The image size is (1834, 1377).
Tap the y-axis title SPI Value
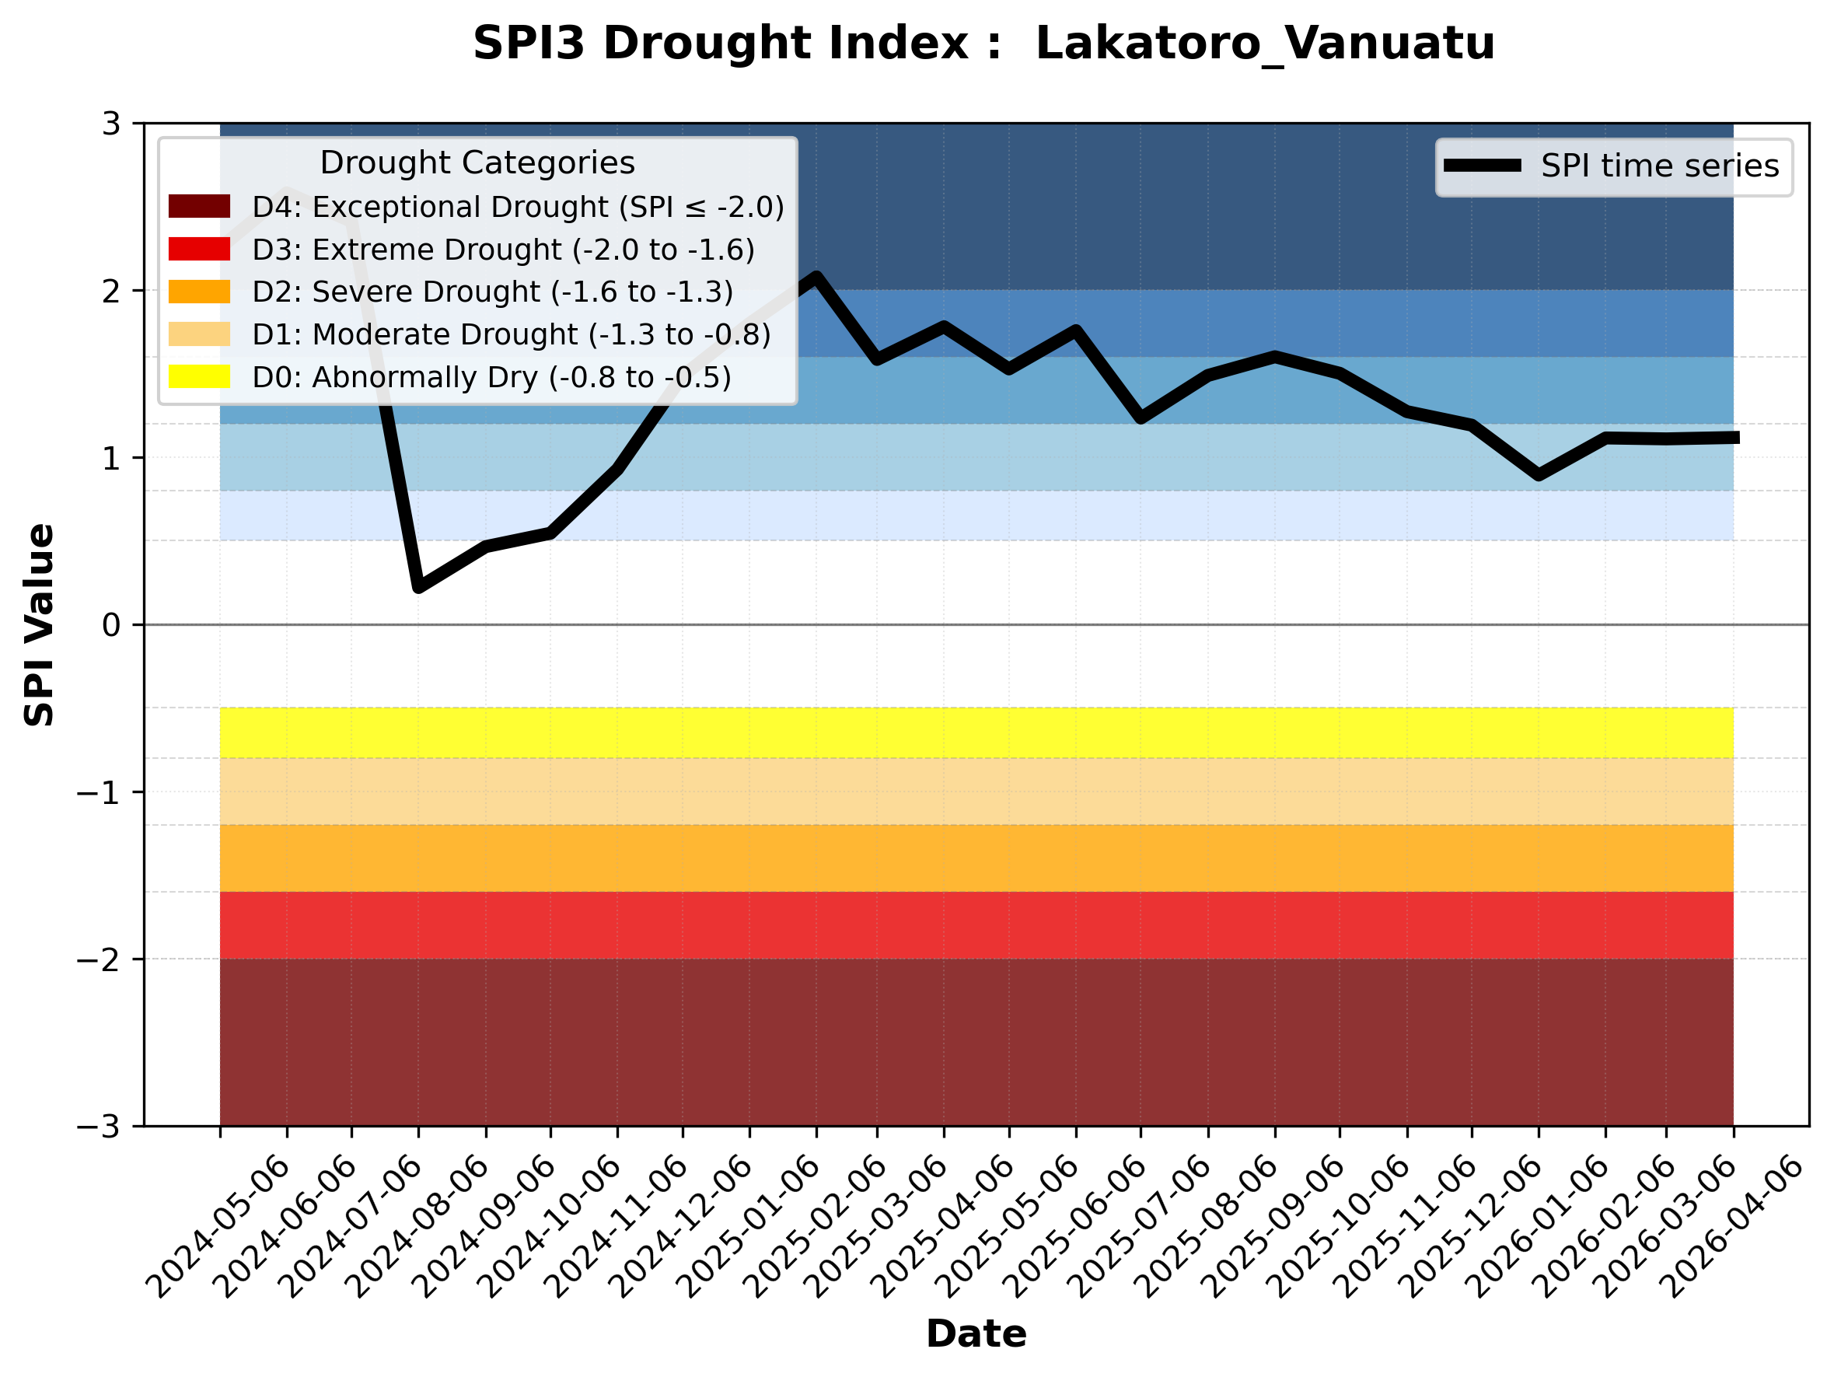(x=39, y=625)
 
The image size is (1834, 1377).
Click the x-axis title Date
(x=976, y=1334)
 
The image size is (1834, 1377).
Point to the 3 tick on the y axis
(x=111, y=124)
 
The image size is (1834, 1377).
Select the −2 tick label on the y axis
(x=98, y=960)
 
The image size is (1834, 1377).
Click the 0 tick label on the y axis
(x=111, y=625)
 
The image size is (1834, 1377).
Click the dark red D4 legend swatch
(x=199, y=206)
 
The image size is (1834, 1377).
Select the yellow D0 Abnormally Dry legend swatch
(x=199, y=376)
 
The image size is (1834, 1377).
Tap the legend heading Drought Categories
(x=477, y=163)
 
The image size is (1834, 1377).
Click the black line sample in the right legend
(x=1482, y=166)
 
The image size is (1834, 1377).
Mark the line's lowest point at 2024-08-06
(x=419, y=586)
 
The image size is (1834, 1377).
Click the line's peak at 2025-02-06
(x=816, y=277)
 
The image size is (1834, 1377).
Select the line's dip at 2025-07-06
(x=1141, y=418)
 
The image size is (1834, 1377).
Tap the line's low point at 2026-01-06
(x=1539, y=475)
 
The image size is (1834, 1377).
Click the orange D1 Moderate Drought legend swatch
(x=199, y=334)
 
